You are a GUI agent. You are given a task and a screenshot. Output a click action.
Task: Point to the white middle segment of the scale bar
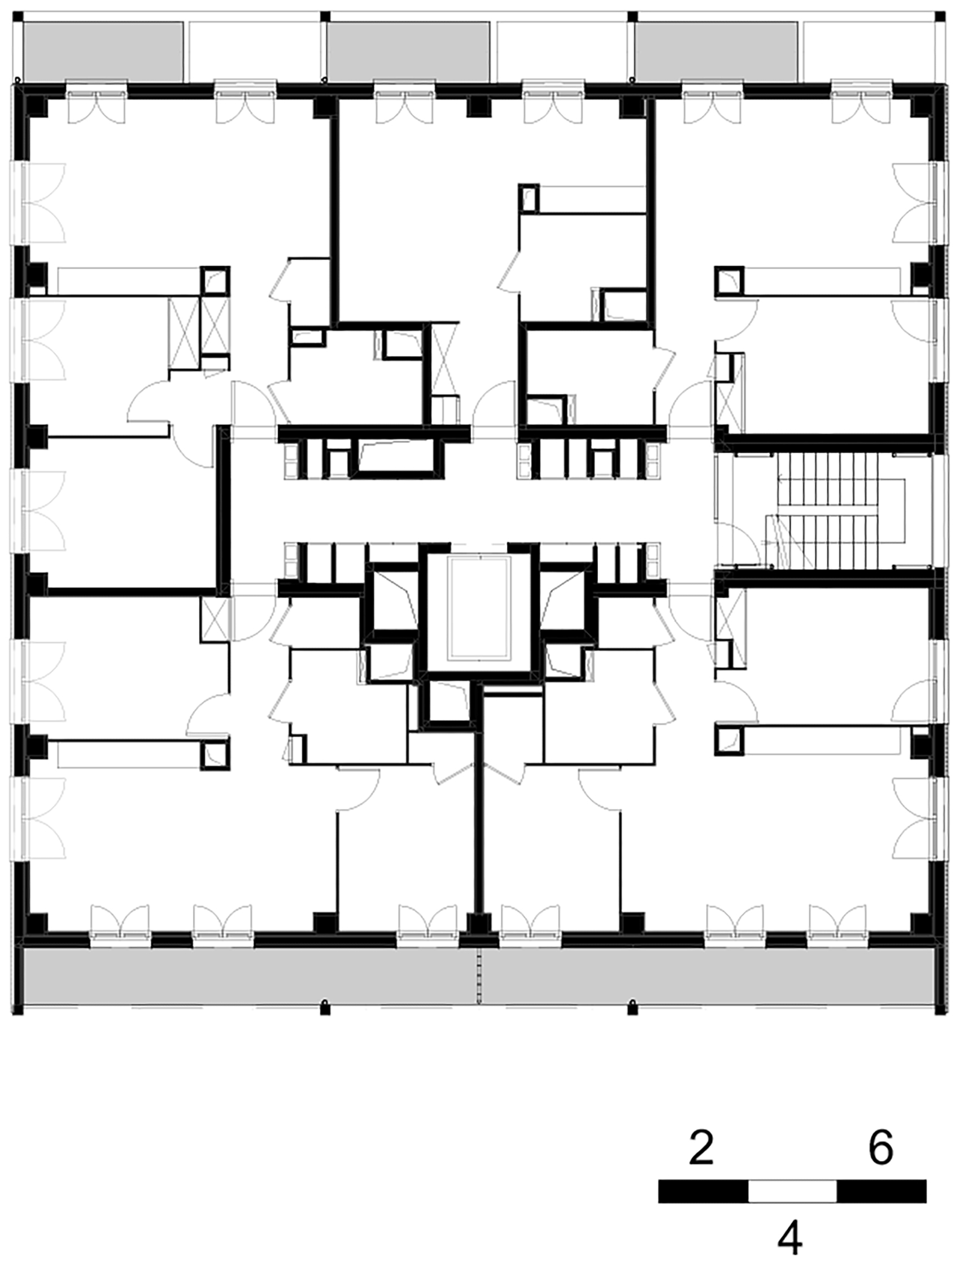pos(792,1191)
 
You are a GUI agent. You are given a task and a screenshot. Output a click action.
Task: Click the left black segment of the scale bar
pos(703,1191)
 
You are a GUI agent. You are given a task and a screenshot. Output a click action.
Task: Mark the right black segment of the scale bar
pos(882,1191)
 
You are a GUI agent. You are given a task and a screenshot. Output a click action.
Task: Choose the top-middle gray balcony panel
pos(408,51)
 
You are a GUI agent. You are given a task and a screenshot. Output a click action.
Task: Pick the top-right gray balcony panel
pos(716,51)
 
